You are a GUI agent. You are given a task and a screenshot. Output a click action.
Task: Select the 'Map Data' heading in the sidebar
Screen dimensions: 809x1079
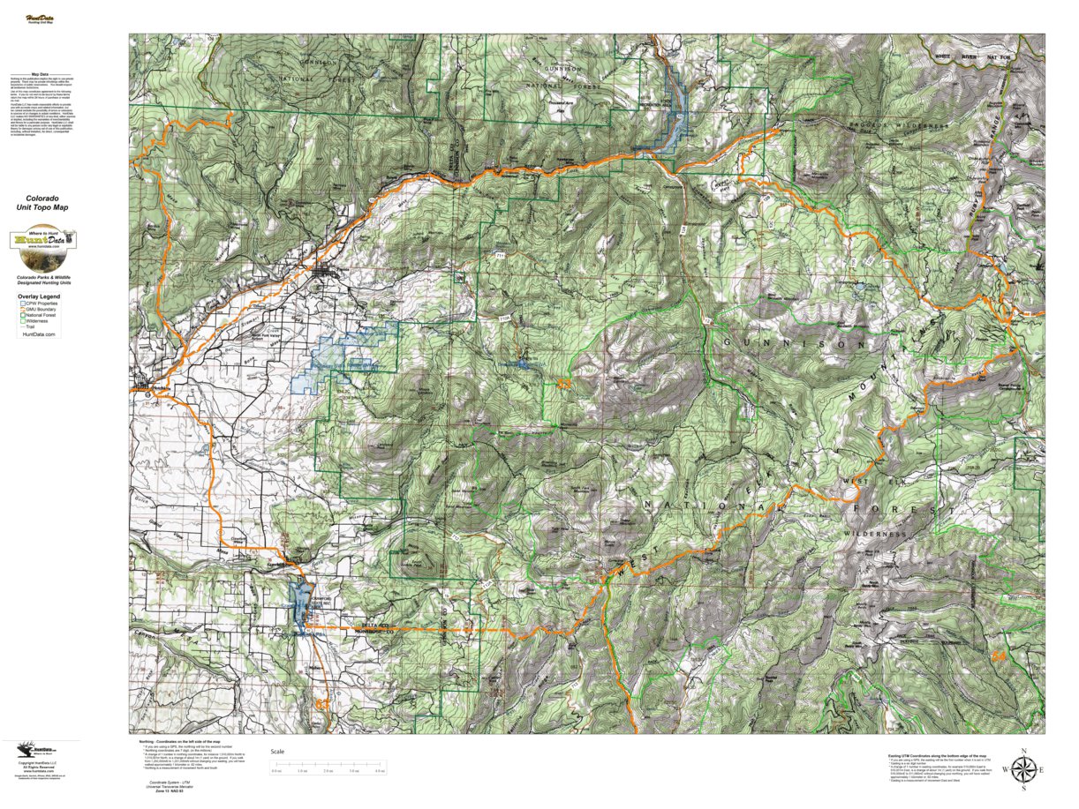(x=41, y=75)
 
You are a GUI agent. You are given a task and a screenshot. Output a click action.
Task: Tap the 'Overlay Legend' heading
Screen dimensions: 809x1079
(x=38, y=297)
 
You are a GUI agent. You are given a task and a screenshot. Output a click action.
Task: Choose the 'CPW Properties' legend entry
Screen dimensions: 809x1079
(x=41, y=303)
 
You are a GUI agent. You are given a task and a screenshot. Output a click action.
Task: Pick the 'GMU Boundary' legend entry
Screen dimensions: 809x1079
(x=41, y=310)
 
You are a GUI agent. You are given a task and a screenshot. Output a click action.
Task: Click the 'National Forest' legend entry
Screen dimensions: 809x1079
(x=41, y=316)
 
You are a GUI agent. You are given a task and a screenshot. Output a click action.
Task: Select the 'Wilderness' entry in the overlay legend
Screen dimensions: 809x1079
(x=38, y=322)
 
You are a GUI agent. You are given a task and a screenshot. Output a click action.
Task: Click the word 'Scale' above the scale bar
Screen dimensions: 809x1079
(x=278, y=752)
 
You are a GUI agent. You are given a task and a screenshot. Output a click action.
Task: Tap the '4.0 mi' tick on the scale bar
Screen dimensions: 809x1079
(x=380, y=771)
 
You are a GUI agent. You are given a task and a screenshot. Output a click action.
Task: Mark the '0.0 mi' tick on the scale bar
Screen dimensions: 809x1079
(x=276, y=771)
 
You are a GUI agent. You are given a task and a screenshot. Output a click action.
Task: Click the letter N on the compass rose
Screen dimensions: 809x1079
(x=1023, y=751)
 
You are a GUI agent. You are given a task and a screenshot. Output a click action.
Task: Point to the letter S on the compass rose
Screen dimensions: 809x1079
(x=1023, y=791)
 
